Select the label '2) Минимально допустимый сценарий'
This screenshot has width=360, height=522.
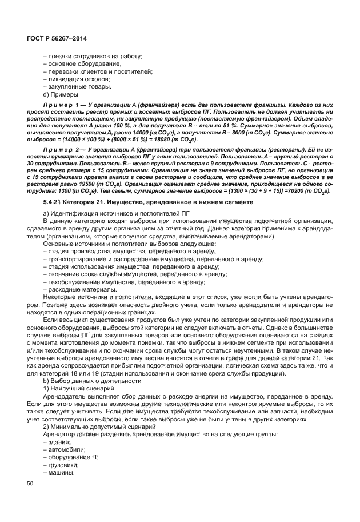[105, 427]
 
